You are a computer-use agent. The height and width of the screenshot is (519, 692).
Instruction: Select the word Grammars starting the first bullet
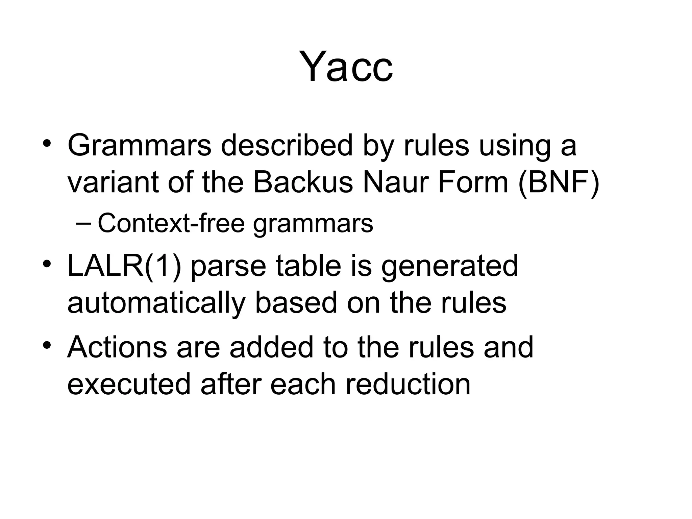(139, 145)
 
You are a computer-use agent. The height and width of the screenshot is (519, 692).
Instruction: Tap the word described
(287, 145)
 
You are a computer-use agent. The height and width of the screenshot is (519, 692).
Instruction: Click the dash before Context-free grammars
(83, 223)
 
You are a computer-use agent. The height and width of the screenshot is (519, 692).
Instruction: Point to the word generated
(449, 266)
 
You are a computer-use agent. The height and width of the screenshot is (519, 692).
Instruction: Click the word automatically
(156, 303)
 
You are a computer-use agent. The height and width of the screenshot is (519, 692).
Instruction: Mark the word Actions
(117, 347)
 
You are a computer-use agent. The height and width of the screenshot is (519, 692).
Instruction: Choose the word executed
(129, 384)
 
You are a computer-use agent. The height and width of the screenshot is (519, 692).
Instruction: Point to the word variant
(113, 183)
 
